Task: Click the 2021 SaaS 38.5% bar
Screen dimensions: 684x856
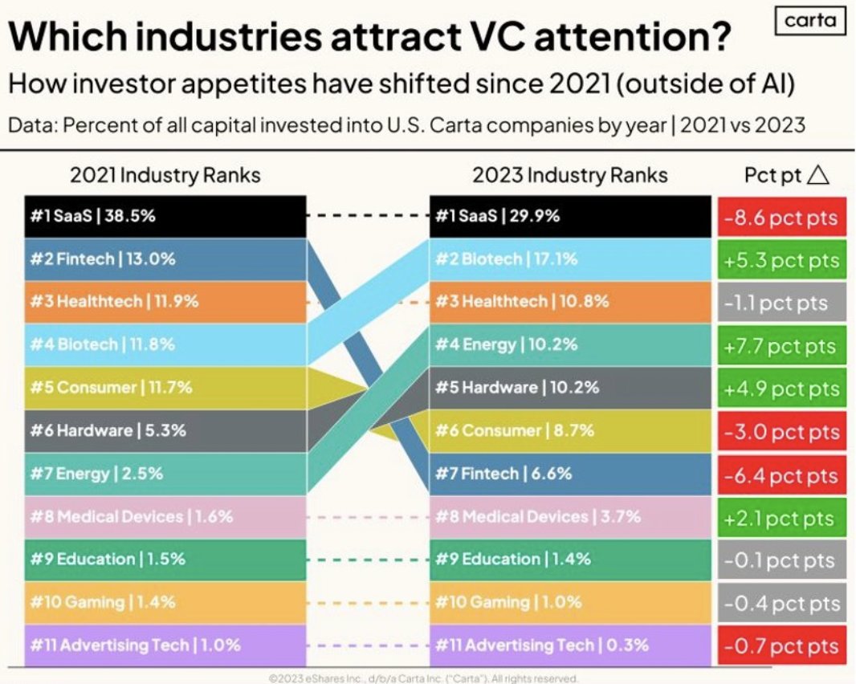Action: point(165,217)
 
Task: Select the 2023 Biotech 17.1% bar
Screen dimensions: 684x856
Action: point(570,259)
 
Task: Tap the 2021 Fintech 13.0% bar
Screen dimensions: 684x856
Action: point(165,259)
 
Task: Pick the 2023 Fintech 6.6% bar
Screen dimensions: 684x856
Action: point(570,474)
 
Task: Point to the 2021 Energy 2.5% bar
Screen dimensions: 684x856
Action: point(165,474)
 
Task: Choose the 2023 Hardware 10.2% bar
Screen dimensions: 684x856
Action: point(570,388)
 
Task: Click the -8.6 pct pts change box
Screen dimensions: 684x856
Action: point(781,218)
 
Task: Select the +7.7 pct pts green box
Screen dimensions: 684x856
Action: point(781,346)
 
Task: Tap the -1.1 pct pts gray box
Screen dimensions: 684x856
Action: point(781,303)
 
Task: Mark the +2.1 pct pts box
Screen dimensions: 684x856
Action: point(781,518)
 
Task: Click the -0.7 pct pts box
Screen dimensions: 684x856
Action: point(781,646)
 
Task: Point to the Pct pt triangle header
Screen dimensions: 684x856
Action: point(786,175)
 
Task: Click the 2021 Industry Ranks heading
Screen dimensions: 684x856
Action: point(165,175)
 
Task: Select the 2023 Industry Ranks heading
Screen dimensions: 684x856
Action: point(570,175)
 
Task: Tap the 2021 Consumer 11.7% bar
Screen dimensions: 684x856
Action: point(165,388)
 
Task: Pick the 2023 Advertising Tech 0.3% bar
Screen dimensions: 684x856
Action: point(570,645)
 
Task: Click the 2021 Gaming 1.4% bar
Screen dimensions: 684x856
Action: point(165,602)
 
